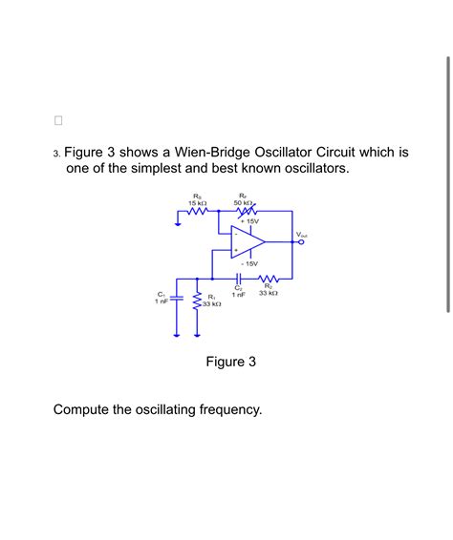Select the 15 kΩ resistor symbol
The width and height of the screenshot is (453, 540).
(x=198, y=214)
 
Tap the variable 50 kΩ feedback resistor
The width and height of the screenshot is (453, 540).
(x=243, y=214)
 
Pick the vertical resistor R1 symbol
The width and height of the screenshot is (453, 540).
(x=198, y=302)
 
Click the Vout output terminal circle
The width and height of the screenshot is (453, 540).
(x=303, y=241)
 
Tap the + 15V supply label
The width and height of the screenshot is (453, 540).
(x=249, y=221)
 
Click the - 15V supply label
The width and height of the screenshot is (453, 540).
(x=249, y=263)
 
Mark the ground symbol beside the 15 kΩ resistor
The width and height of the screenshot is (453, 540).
(x=178, y=223)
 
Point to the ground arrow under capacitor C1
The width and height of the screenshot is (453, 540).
(x=176, y=333)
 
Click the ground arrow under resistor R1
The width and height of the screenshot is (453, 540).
(x=198, y=333)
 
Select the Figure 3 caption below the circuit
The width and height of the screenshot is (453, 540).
(x=231, y=362)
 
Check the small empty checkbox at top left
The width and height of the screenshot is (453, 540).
(x=57, y=121)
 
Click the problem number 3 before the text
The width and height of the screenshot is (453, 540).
(x=56, y=153)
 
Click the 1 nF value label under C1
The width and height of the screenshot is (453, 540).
(x=161, y=301)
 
